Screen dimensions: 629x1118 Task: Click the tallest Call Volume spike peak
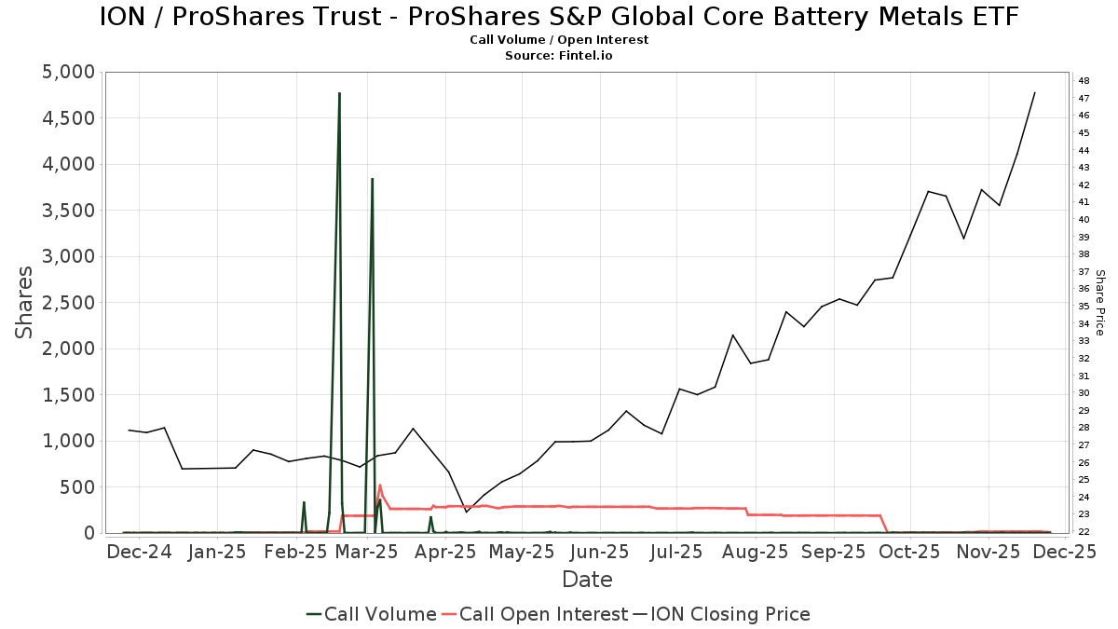339,93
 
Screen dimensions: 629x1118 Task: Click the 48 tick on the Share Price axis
1084,81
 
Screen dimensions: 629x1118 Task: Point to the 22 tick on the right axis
1084,532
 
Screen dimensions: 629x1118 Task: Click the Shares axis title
25,303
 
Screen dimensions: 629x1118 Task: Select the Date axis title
587,580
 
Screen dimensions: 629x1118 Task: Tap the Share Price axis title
1099,303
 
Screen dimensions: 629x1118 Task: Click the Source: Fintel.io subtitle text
559,56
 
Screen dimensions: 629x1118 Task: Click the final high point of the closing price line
1034,92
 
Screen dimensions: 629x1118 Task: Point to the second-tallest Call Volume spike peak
372,179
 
